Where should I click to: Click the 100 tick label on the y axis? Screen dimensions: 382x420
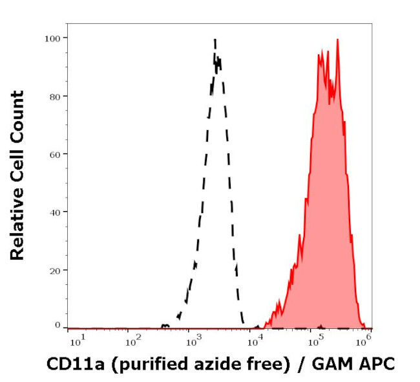(52, 38)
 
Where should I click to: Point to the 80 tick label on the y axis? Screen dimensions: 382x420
(55, 96)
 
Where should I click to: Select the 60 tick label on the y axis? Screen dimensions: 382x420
(55, 154)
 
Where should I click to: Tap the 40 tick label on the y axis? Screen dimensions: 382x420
(55, 212)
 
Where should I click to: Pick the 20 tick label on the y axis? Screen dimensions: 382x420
(55, 270)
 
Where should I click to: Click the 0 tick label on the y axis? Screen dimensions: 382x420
(58, 325)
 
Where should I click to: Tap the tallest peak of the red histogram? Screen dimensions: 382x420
(337, 39)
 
